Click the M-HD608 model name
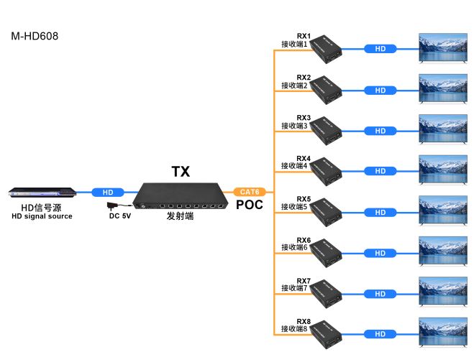tap(34, 35)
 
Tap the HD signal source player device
tap(41, 193)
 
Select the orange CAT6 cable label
tap(250, 192)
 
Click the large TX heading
tap(181, 172)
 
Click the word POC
tap(250, 205)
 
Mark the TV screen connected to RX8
tap(443, 333)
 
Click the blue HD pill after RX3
tap(380, 131)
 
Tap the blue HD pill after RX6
tap(380, 253)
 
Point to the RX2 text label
tap(304, 77)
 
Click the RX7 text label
tap(304, 280)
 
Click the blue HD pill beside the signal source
tap(108, 193)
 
